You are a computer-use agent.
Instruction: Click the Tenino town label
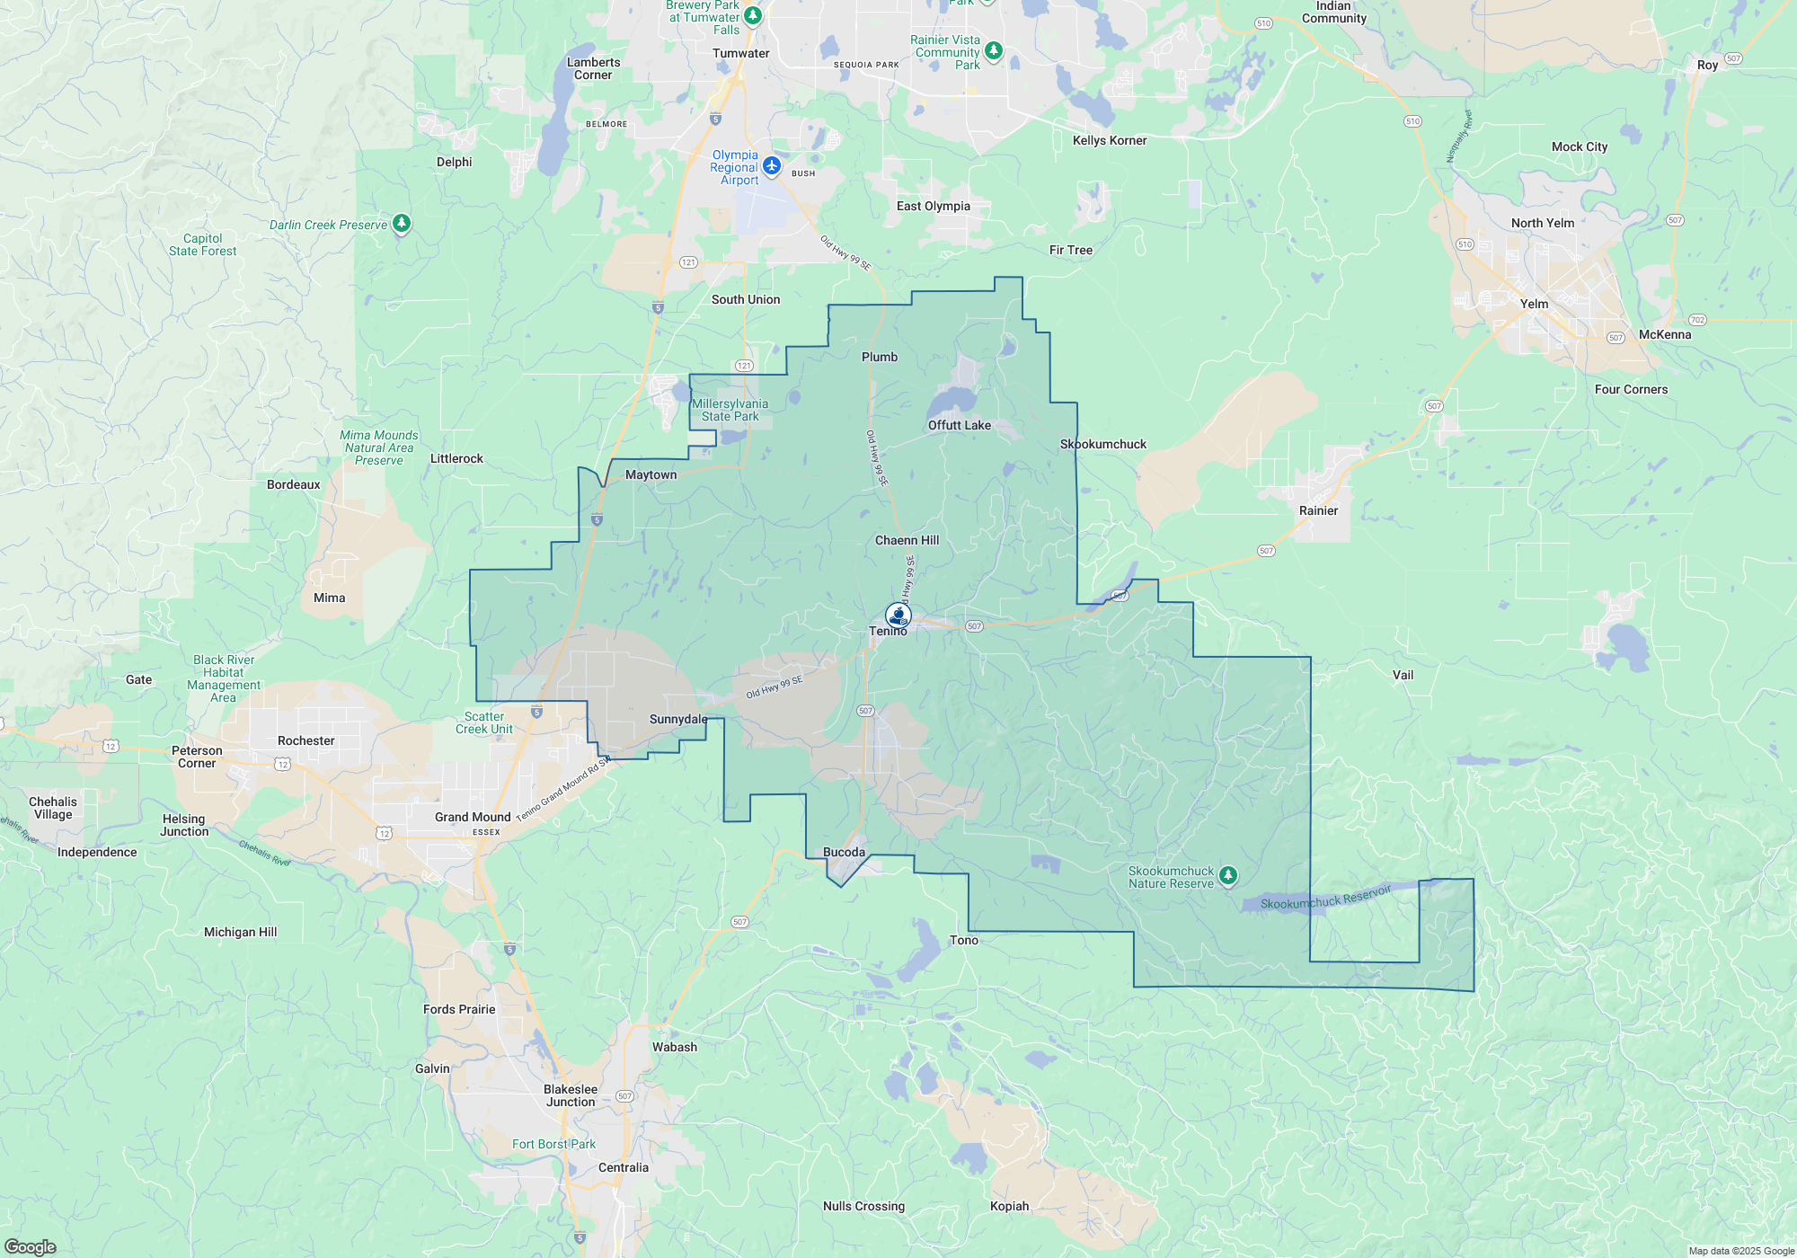tap(888, 631)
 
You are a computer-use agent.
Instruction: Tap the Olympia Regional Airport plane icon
tap(772, 165)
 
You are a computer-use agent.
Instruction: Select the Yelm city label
tap(1534, 304)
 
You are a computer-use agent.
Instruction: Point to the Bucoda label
tap(844, 852)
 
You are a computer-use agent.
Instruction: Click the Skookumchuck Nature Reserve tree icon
tap(1228, 875)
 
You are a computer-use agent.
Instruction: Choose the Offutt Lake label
tap(959, 425)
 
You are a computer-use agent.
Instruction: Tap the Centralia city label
tap(623, 1167)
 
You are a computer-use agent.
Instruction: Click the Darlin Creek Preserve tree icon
tap(402, 223)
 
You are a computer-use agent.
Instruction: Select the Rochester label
tap(305, 740)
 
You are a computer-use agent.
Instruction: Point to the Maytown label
tap(651, 474)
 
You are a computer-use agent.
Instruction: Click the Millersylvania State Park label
tap(730, 410)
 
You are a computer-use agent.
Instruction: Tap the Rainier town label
tap(1318, 510)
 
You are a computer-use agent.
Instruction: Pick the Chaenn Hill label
tap(907, 540)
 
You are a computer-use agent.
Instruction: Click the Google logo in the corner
tap(31, 1247)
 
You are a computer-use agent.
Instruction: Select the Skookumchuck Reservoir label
tap(1325, 897)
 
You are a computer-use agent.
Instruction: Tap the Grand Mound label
tap(473, 817)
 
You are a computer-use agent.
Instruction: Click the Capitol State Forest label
tap(203, 244)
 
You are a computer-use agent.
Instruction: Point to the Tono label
tap(963, 940)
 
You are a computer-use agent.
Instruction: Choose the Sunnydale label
tap(677, 719)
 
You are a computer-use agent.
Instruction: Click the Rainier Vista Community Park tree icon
tap(993, 50)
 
